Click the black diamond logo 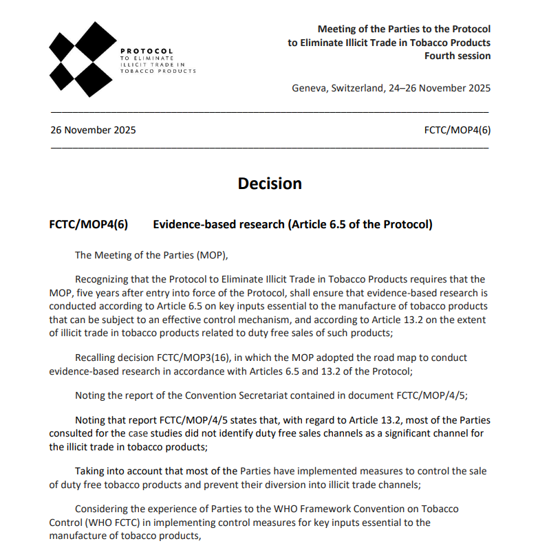pos(82,59)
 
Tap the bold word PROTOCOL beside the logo pos(147,51)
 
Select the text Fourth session pos(458,56)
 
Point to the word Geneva pos(309,88)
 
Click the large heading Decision pos(270,184)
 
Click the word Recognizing pos(104,279)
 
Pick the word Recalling pos(98,357)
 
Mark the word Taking pos(90,471)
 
